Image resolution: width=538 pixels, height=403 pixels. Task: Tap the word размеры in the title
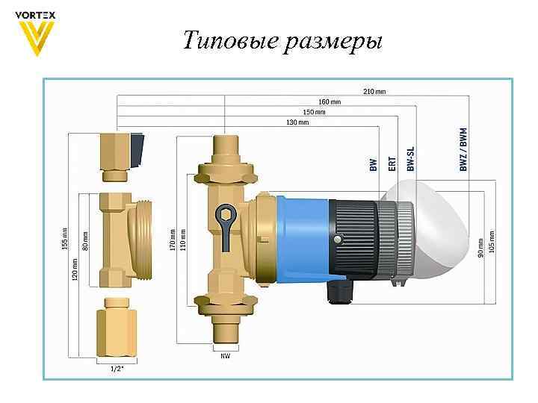click(333, 41)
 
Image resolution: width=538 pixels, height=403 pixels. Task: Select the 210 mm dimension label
click(374, 92)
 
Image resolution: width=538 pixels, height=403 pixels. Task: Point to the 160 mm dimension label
click(330, 101)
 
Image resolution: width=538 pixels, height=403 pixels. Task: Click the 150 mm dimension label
click(314, 112)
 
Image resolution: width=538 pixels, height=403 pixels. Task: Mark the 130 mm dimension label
click(297, 122)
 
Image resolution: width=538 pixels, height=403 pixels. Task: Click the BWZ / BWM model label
click(464, 149)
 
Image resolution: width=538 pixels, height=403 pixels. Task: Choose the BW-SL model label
click(410, 159)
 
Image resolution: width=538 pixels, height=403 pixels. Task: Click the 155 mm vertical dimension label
click(65, 238)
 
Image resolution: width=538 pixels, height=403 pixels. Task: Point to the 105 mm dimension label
click(491, 240)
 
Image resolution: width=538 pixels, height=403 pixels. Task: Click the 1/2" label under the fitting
click(117, 369)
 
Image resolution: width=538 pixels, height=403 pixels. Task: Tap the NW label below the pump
click(225, 356)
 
